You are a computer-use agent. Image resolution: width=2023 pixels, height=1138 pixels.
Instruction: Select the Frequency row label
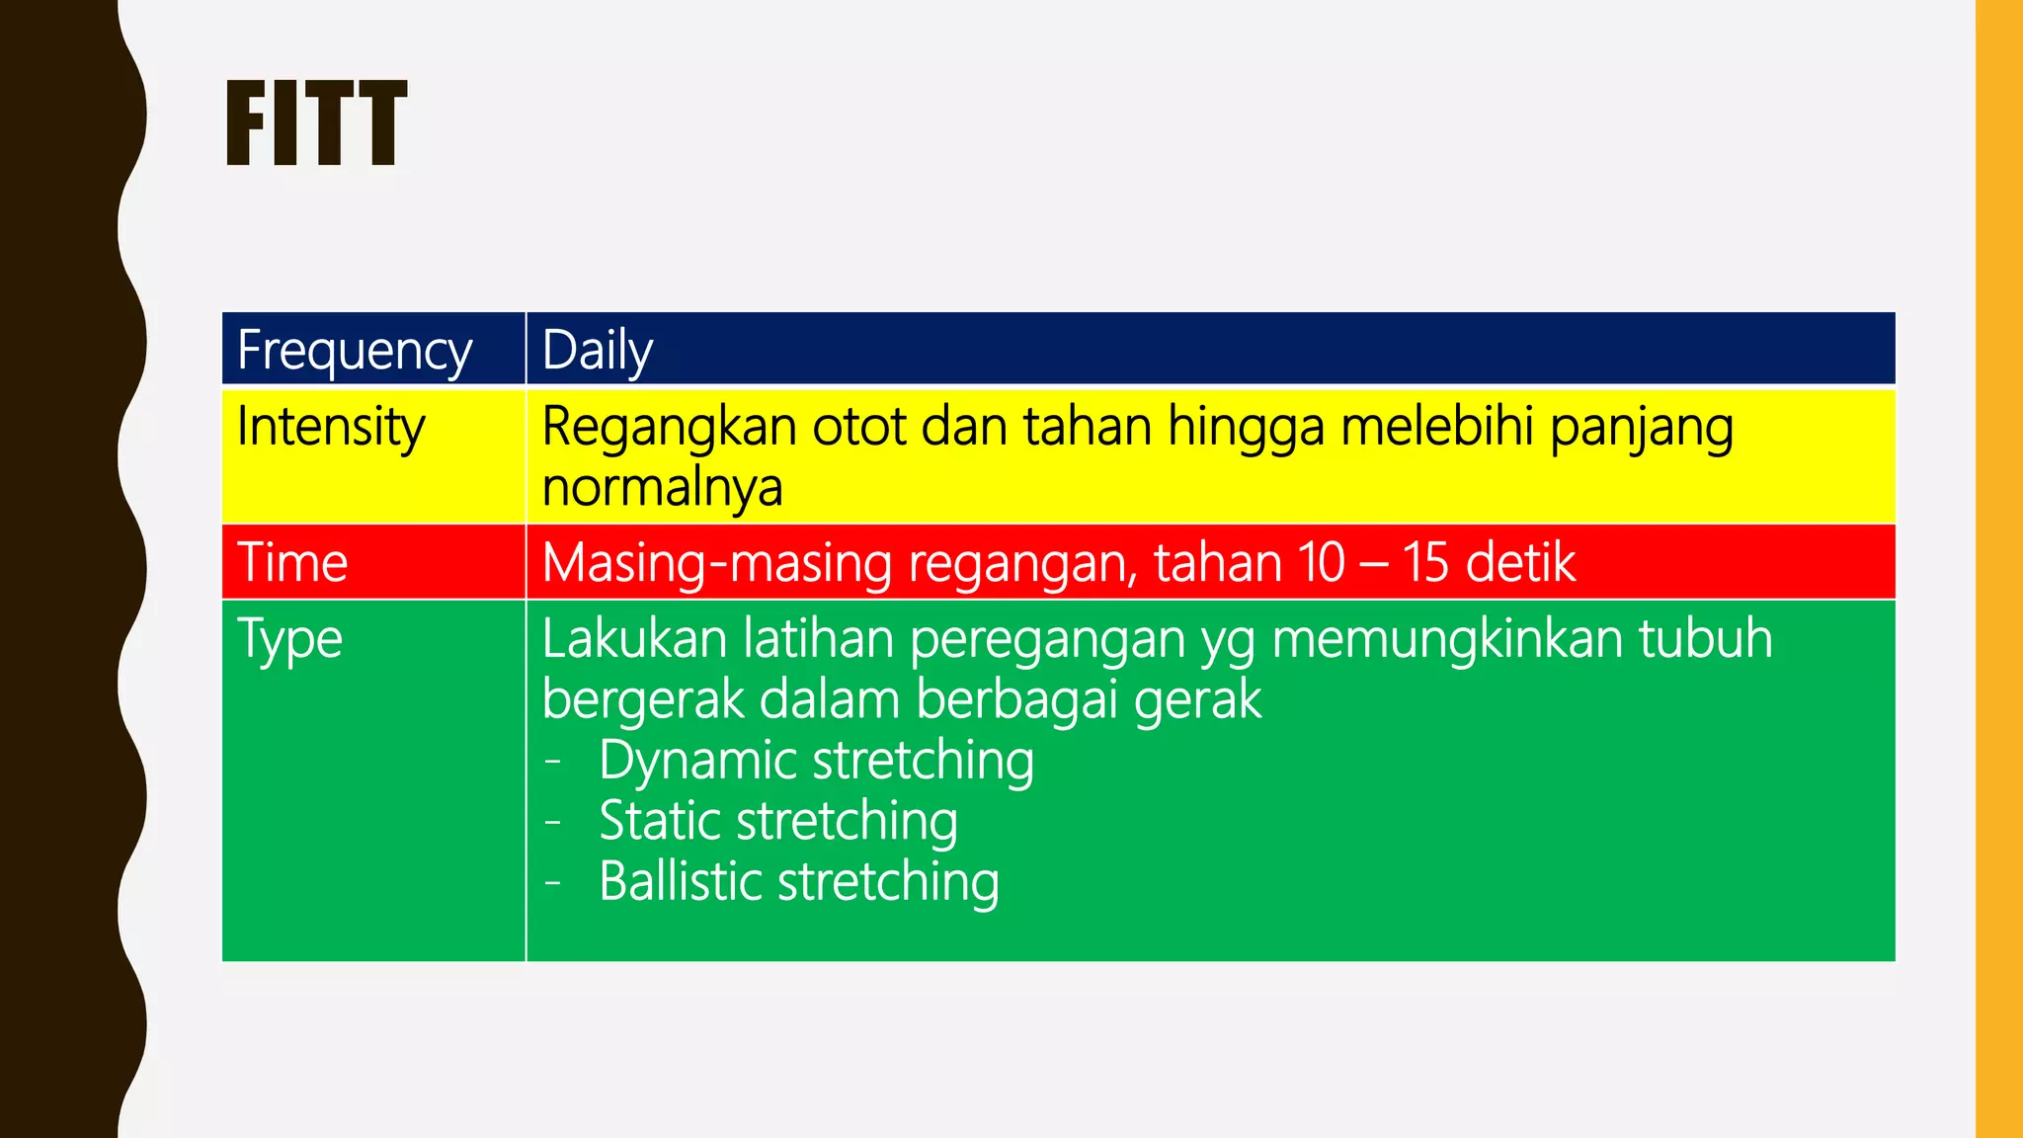point(355,351)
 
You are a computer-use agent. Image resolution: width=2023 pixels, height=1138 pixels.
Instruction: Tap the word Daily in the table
point(597,351)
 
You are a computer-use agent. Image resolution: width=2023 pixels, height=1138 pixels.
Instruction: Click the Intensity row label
point(331,428)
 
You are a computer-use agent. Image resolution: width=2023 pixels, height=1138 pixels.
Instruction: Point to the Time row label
point(292,563)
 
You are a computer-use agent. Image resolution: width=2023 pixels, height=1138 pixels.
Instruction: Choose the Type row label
point(289,639)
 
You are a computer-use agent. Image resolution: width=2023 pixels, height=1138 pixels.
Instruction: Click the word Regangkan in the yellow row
point(669,428)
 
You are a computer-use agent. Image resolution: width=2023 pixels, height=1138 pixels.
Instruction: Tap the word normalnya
point(662,487)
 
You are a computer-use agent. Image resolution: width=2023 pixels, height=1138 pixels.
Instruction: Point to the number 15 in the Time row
point(1425,563)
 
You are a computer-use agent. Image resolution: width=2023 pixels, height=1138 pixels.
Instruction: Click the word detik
point(1521,563)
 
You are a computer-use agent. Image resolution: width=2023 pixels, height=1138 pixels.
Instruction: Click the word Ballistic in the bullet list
point(680,881)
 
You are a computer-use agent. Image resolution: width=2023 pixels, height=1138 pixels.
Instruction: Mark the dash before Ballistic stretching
point(553,882)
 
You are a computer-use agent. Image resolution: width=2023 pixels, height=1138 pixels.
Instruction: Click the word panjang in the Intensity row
point(1641,430)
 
